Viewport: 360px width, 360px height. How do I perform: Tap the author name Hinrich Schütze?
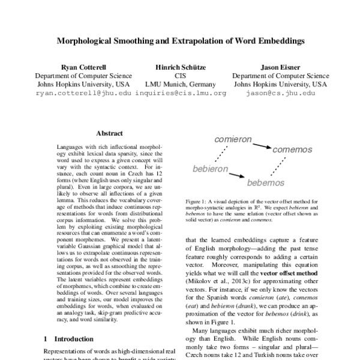(180, 68)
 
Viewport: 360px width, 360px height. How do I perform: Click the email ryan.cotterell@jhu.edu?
(83, 94)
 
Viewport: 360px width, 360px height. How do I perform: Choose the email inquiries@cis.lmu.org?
(181, 94)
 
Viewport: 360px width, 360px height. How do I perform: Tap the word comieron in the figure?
(233, 139)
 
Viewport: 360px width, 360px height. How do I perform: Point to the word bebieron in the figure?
(210, 170)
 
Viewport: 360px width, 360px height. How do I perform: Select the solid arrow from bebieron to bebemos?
(236, 175)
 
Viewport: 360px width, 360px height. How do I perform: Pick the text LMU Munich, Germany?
(180, 85)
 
